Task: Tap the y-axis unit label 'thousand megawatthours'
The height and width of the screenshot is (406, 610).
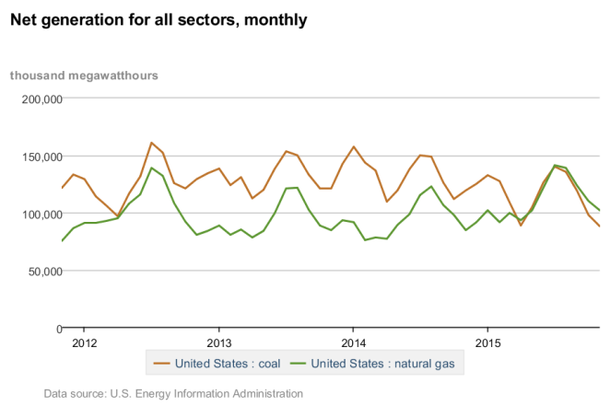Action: pyautogui.click(x=84, y=75)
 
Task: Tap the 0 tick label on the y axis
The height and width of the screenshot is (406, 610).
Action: pyautogui.click(x=57, y=329)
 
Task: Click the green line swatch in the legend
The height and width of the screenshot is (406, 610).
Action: pyautogui.click(x=299, y=364)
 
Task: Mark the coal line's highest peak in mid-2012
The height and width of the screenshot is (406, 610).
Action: pyautogui.click(x=151, y=143)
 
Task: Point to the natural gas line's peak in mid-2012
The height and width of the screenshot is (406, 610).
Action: pyautogui.click(x=151, y=168)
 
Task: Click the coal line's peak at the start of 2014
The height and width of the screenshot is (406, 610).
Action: pyautogui.click(x=353, y=146)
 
